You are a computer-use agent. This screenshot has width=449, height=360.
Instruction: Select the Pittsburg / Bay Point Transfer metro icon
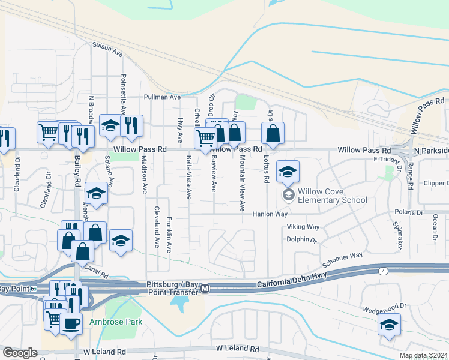(205, 289)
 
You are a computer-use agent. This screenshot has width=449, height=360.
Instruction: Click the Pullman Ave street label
(162, 97)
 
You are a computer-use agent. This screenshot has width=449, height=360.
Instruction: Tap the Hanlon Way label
(270, 214)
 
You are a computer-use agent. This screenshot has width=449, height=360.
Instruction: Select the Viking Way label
(303, 227)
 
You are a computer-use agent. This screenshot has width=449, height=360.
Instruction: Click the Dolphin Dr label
(301, 239)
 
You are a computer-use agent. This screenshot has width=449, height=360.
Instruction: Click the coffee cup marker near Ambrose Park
(71, 323)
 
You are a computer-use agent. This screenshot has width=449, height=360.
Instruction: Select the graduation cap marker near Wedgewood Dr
(389, 326)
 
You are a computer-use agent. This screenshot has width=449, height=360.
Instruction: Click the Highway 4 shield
(382, 272)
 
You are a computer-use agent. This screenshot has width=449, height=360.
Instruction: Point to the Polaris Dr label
(409, 212)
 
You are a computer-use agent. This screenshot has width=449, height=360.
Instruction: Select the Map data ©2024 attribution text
(423, 355)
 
